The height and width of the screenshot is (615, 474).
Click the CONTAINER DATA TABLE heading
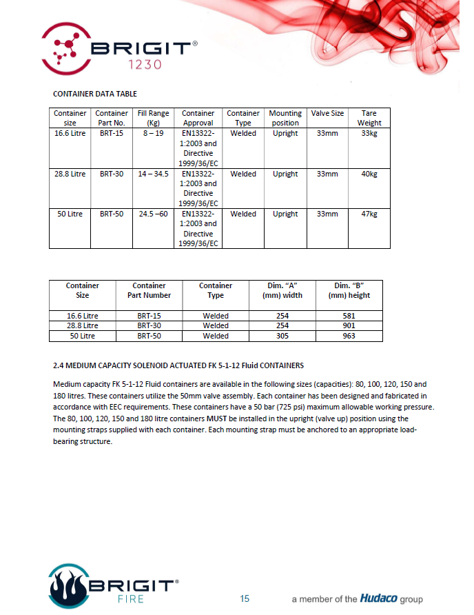tap(94, 93)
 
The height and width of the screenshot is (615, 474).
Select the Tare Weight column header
tap(369, 118)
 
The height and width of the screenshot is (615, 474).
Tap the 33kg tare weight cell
tap(369, 133)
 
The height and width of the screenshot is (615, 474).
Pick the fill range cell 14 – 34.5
tap(153, 174)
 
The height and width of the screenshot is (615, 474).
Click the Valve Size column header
tap(327, 114)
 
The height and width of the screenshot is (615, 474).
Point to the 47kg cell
tap(369, 214)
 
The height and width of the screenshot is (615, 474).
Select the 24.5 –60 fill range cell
tap(153, 214)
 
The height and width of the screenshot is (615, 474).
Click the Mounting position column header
tap(285, 118)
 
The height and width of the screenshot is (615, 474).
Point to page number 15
tap(245, 598)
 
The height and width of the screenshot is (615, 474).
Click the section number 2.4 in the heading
tap(59, 365)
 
